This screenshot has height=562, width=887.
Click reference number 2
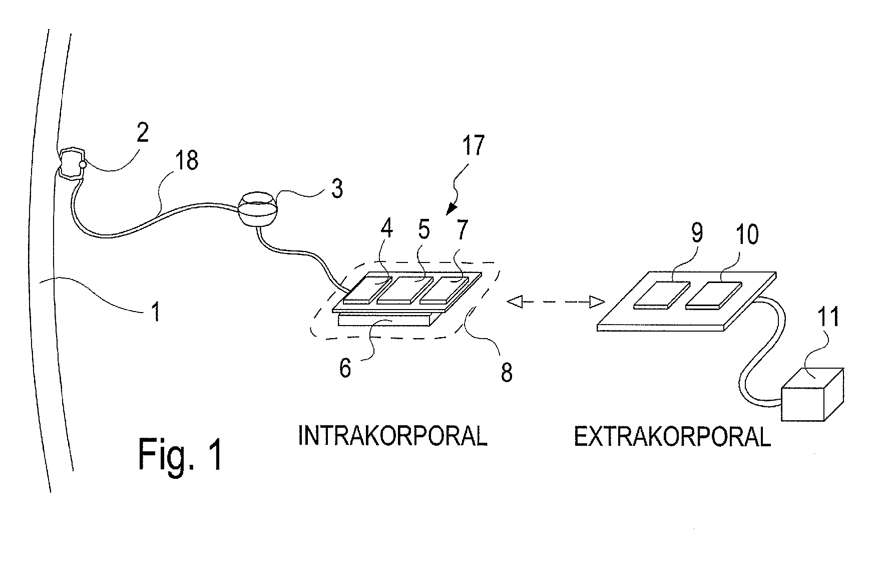click(x=143, y=133)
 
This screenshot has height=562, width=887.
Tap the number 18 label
click(x=186, y=160)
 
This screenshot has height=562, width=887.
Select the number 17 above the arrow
click(x=473, y=145)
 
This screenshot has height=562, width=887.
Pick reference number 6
click(x=345, y=369)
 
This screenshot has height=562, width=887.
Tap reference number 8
click(x=506, y=372)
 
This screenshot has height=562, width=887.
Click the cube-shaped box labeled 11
click(x=811, y=396)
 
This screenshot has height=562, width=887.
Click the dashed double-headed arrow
click(x=556, y=302)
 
